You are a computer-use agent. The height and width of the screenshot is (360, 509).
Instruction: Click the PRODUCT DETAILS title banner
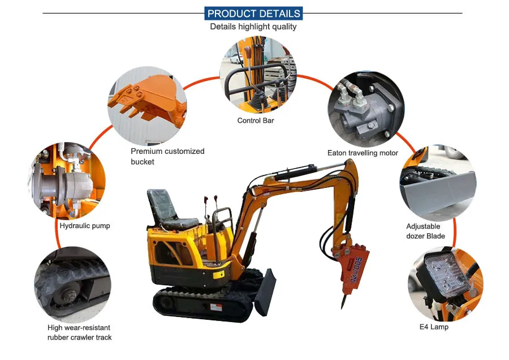click(x=253, y=14)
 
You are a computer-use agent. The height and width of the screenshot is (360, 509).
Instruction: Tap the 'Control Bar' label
click(x=256, y=121)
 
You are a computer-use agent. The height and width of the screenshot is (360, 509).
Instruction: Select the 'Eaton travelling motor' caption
click(x=363, y=153)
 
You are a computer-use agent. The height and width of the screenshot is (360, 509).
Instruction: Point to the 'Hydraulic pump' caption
click(x=85, y=226)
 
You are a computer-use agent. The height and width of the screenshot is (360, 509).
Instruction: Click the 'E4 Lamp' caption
click(x=434, y=327)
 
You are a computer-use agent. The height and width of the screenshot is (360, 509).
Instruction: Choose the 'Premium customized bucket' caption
click(x=167, y=156)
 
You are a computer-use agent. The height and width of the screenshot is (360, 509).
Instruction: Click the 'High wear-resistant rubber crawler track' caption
click(x=80, y=332)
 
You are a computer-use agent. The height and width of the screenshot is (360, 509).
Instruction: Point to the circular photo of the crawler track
click(x=72, y=283)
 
